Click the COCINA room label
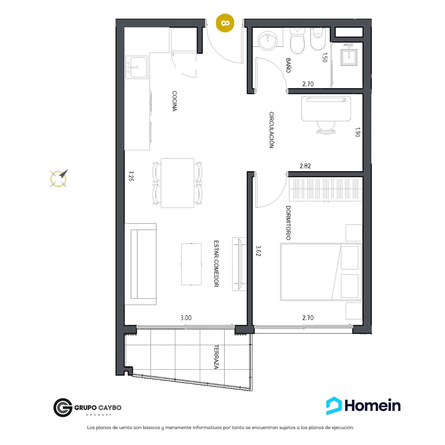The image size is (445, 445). [175, 101]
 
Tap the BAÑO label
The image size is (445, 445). [288, 65]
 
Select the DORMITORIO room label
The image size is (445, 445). [288, 223]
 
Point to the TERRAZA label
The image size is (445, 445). [216, 357]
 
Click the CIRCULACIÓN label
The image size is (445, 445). [271, 130]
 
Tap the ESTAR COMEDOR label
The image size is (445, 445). [216, 264]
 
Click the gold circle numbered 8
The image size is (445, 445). [225, 23]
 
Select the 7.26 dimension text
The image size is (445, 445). [131, 176]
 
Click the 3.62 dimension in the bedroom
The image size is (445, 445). [258, 251]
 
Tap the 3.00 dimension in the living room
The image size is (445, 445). [186, 318]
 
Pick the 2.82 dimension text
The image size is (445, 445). [305, 166]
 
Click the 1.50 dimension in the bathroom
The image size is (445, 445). [325, 58]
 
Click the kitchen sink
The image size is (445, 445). [137, 67]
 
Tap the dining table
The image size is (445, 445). [177, 183]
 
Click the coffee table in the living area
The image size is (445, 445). [191, 264]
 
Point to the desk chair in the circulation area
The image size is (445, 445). [326, 128]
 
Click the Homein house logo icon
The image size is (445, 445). [334, 406]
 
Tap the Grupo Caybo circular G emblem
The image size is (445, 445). [63, 407]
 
